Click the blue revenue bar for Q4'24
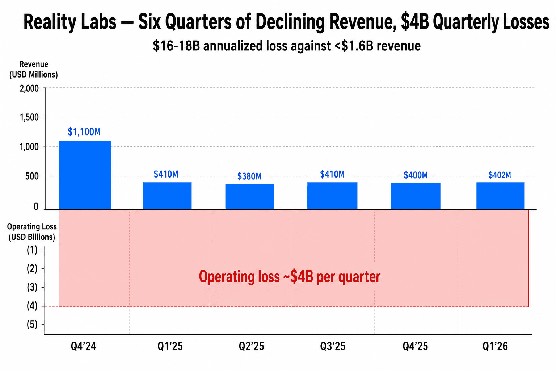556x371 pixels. tap(85, 175)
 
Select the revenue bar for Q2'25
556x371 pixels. tap(249, 196)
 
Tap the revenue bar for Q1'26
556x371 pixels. tap(500, 196)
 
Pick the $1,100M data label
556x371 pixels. tap(84, 132)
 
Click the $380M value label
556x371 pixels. tap(249, 176)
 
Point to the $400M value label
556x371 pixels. tap(416, 175)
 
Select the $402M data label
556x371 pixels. tap(500, 175)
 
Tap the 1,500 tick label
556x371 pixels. tap(29, 117)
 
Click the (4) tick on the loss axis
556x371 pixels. tap(32, 306)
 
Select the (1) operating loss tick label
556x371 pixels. tap(32, 250)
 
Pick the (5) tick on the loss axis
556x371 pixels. tap(32, 325)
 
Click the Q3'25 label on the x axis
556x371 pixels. tap(333, 346)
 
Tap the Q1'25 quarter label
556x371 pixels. tap(170, 346)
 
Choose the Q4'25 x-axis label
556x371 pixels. tap(415, 346)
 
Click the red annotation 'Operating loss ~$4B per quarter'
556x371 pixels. tap(290, 277)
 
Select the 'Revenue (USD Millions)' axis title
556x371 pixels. tap(33, 70)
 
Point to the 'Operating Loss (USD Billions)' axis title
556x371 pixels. tap(32, 232)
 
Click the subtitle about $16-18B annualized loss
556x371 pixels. tap(287, 46)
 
